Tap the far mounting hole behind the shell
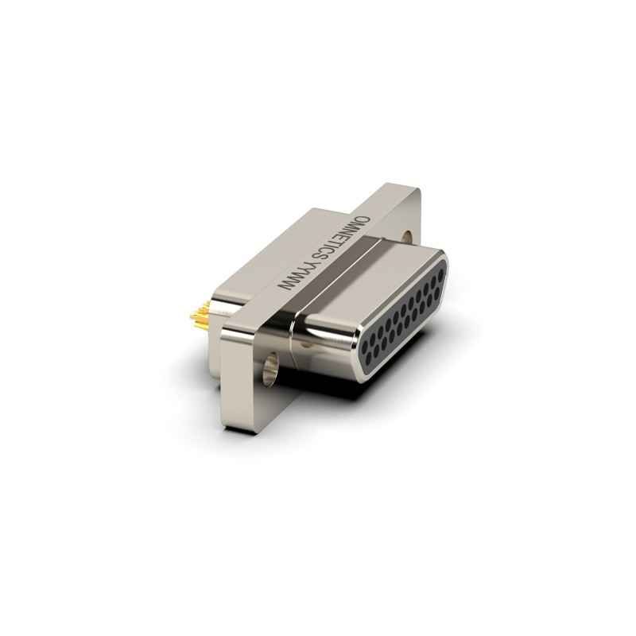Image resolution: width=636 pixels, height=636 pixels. [407, 237]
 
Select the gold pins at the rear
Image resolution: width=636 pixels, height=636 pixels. [200, 315]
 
